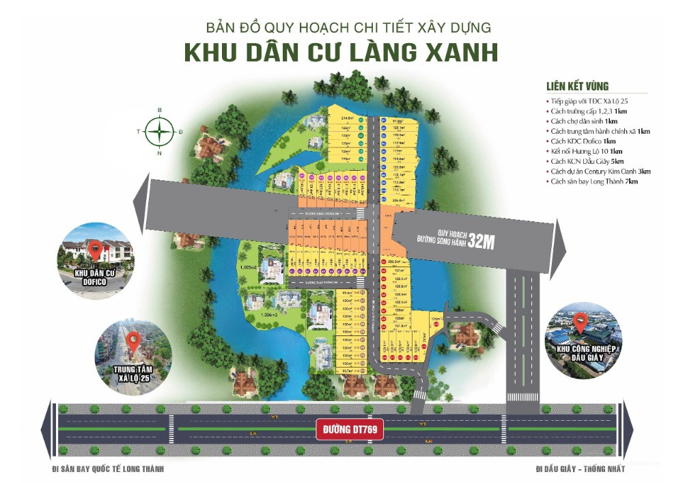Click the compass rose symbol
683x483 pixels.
click(x=159, y=131)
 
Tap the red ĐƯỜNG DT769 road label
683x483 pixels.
click(x=350, y=430)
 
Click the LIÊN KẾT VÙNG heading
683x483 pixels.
click(x=577, y=87)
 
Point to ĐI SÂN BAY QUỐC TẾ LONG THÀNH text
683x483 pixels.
click(x=108, y=469)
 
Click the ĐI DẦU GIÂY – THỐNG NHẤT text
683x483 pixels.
click(x=581, y=469)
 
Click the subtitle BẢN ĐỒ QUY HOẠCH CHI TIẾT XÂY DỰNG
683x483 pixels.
click(x=348, y=28)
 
